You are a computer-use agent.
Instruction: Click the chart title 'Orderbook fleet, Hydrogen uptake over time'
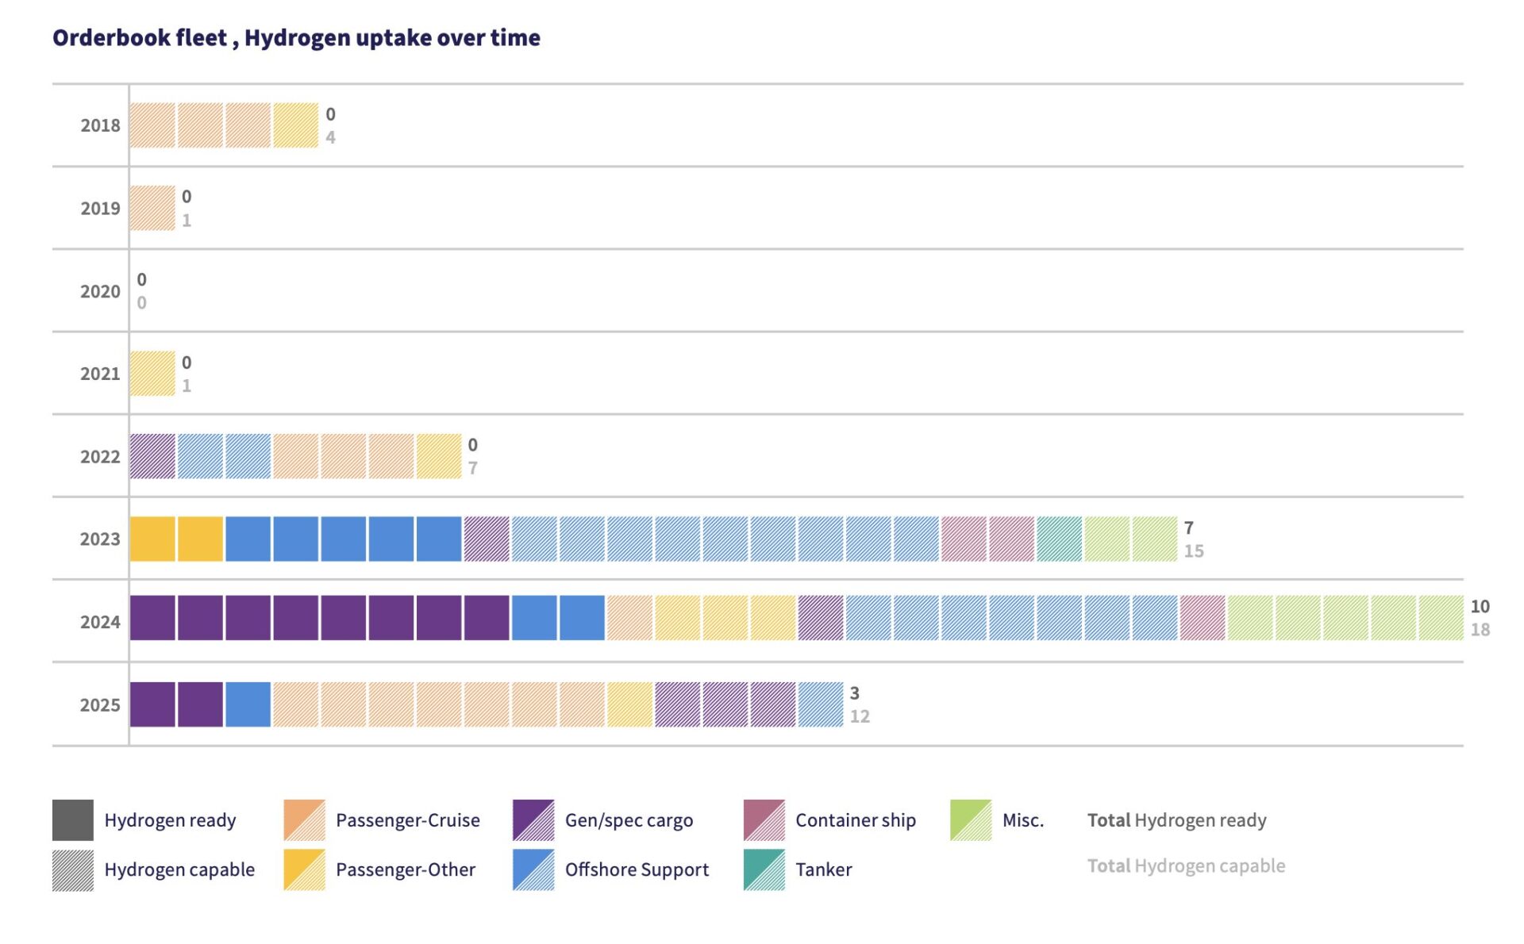click(296, 37)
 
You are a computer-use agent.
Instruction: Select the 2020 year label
click(100, 291)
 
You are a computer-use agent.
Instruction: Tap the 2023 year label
click(100, 539)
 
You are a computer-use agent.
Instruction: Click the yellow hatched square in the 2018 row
click(295, 125)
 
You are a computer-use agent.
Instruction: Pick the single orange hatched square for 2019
click(152, 208)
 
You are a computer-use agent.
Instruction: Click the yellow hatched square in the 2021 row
click(152, 374)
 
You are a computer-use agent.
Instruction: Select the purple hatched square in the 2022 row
click(152, 456)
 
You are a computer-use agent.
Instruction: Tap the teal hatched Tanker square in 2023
click(1059, 539)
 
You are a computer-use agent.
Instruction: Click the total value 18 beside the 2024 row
click(1480, 630)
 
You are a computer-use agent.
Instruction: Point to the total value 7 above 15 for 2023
click(1188, 528)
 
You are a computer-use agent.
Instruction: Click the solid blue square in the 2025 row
click(248, 704)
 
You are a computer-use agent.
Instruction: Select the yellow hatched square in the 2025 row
click(629, 704)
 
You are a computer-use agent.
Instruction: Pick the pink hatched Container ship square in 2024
click(1203, 618)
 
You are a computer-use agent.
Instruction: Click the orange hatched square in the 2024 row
click(629, 618)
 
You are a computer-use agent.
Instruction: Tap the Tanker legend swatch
click(764, 869)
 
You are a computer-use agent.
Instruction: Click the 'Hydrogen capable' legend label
click(179, 869)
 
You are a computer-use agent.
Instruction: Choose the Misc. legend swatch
click(970, 820)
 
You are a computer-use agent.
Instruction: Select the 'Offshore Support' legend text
click(637, 869)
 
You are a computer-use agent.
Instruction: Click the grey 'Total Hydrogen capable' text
click(1186, 865)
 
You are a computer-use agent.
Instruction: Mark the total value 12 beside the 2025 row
click(860, 716)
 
